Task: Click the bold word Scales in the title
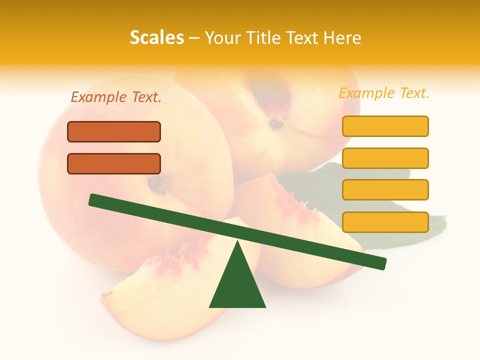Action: click(156, 38)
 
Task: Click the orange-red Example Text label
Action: click(116, 97)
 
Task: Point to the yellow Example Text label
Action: click(384, 93)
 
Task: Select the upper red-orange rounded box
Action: click(114, 132)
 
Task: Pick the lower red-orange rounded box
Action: click(114, 164)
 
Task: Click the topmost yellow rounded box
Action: click(385, 126)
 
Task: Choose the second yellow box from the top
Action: click(385, 158)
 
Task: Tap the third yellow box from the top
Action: click(385, 190)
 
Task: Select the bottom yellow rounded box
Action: click(385, 222)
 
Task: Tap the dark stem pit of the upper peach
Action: click(275, 122)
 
